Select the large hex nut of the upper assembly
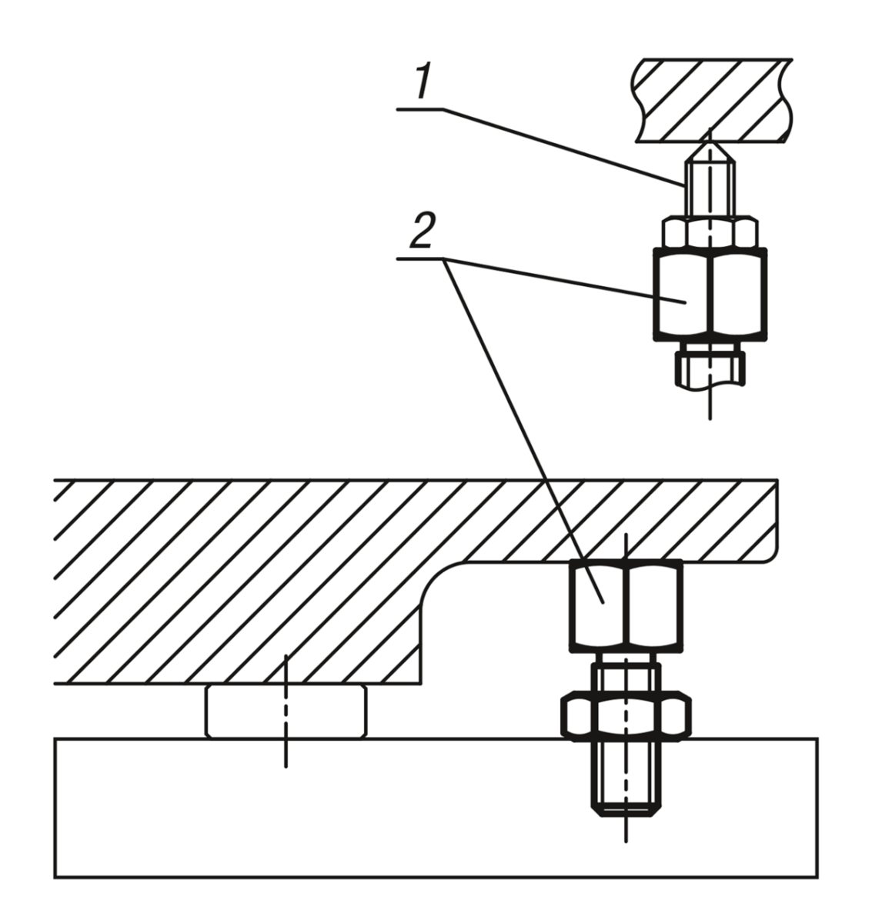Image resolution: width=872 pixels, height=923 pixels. pyautogui.click(x=710, y=294)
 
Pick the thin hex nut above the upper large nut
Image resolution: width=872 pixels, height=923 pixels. pyautogui.click(x=710, y=232)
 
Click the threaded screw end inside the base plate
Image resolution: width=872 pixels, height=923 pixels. pyautogui.click(x=626, y=777)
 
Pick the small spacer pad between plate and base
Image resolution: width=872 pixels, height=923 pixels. pyautogui.click(x=286, y=711)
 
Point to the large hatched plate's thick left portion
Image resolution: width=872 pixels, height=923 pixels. pyautogui.click(x=231, y=585)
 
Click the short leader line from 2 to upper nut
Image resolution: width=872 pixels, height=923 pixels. pyautogui.click(x=562, y=277)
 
